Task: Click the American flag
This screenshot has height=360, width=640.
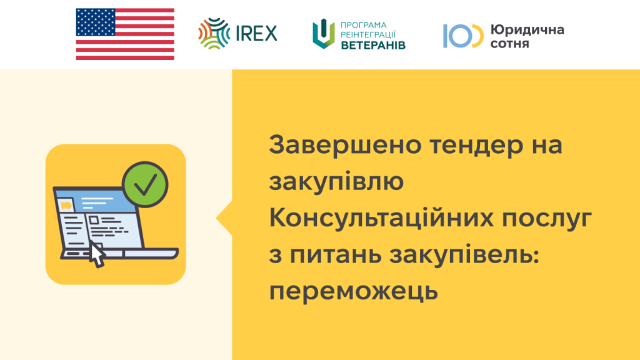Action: pos(125,34)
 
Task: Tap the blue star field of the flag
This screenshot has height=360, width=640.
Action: pos(96,22)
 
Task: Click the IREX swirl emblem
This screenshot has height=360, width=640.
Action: pos(214,34)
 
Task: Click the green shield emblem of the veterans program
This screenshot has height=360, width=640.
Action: pos(324,34)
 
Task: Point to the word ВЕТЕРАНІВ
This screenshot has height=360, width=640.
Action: pos(373,45)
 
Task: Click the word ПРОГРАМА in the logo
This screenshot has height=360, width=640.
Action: pos(364,25)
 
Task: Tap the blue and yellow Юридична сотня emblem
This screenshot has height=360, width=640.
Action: pos(463,36)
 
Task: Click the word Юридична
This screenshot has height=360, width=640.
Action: pos(527,29)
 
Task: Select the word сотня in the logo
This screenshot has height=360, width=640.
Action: pos(510,43)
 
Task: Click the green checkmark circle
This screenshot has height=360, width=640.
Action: pos(145,184)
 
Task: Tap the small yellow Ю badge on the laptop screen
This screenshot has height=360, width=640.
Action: pos(66,205)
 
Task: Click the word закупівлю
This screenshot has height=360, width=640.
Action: pos(336,182)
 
